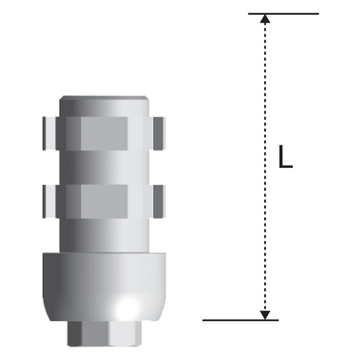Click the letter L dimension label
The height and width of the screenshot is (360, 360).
tap(286, 156)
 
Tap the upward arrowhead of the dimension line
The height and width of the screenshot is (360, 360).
tap(265, 18)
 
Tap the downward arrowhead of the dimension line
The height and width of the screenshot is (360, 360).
tap(265, 315)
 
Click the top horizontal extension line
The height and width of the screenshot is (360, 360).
tap(284, 13)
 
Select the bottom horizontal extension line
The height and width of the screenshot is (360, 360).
tap(241, 320)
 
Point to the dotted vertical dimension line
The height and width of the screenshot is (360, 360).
tap(265, 167)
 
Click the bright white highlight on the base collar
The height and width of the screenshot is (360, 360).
tap(126, 308)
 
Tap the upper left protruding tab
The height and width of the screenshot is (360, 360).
tap(49, 133)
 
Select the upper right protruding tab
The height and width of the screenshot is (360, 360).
tap(160, 133)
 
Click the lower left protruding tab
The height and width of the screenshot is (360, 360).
tap(49, 202)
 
